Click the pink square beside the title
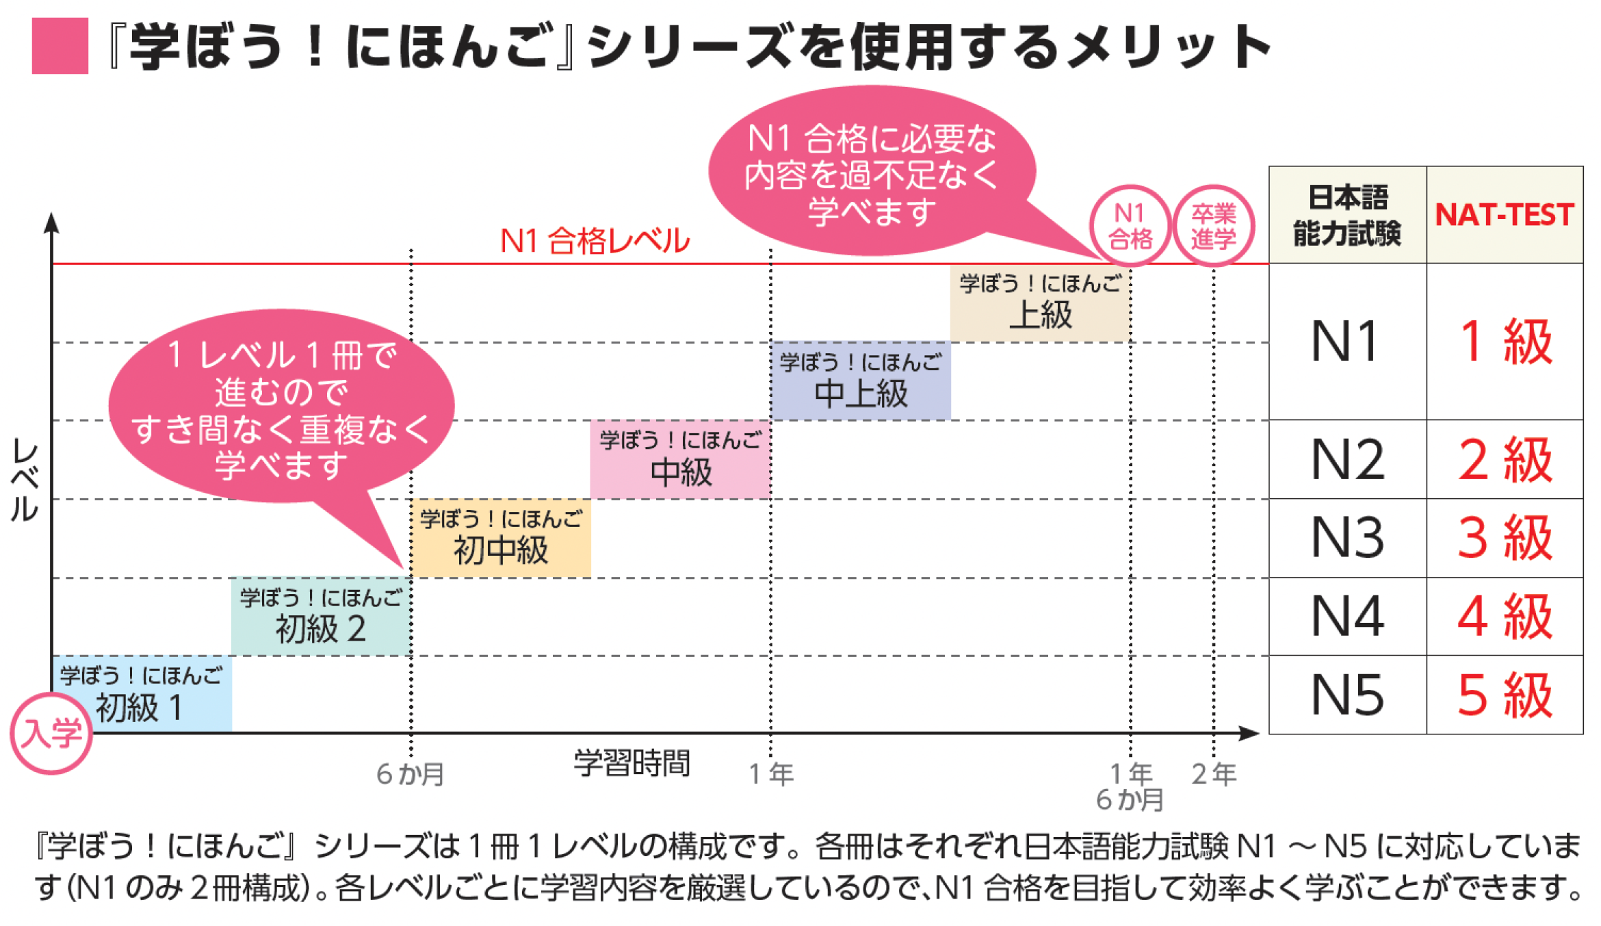tap(60, 46)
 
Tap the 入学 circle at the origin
tap(51, 733)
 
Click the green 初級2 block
tap(321, 616)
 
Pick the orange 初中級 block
tap(501, 538)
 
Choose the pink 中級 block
tap(680, 459)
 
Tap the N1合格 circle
tap(1130, 226)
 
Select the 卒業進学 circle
tap(1214, 226)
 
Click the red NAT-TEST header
tap(1505, 215)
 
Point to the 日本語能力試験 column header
tap(1347, 215)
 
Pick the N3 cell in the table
tap(1347, 538)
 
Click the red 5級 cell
tap(1505, 695)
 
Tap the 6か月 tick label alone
tap(411, 774)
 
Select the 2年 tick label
tap(1214, 774)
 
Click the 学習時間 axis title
tap(632, 763)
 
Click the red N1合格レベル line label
tap(595, 241)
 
